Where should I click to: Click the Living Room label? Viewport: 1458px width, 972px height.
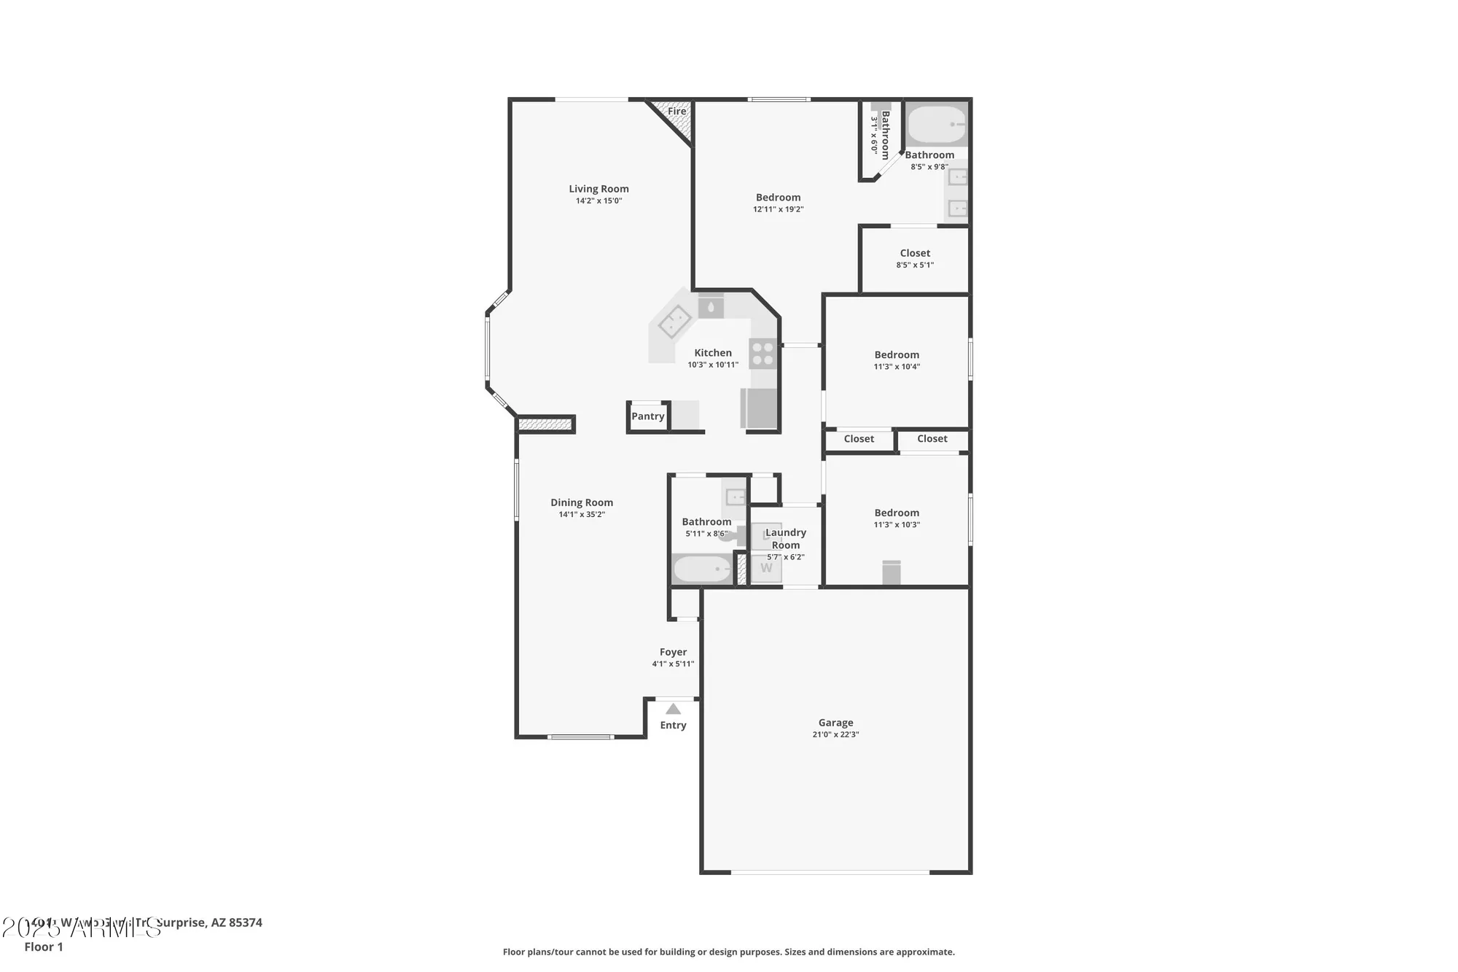(599, 189)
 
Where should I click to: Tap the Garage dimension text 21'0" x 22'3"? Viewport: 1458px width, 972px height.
(835, 735)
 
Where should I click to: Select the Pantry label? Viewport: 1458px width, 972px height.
(647, 416)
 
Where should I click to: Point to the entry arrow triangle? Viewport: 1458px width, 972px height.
(673, 709)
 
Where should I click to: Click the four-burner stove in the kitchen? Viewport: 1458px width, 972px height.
(763, 354)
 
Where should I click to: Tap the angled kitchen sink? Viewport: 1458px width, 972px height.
(675, 322)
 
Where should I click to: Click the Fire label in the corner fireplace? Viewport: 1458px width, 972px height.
(677, 112)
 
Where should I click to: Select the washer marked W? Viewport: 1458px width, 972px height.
(766, 568)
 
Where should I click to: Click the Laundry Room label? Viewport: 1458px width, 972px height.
(786, 539)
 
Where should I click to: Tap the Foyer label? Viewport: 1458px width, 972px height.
(673, 653)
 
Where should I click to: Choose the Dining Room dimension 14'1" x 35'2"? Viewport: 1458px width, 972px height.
(582, 515)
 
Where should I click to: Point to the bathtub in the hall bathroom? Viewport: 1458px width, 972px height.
(702, 569)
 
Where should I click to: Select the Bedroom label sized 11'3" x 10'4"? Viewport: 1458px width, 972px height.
(897, 355)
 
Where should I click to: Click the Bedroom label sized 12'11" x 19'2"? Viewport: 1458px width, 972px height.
(778, 198)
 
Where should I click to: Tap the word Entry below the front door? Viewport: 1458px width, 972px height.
(673, 726)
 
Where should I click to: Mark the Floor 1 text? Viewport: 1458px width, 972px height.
(44, 947)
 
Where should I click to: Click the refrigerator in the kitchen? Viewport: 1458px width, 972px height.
(759, 408)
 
